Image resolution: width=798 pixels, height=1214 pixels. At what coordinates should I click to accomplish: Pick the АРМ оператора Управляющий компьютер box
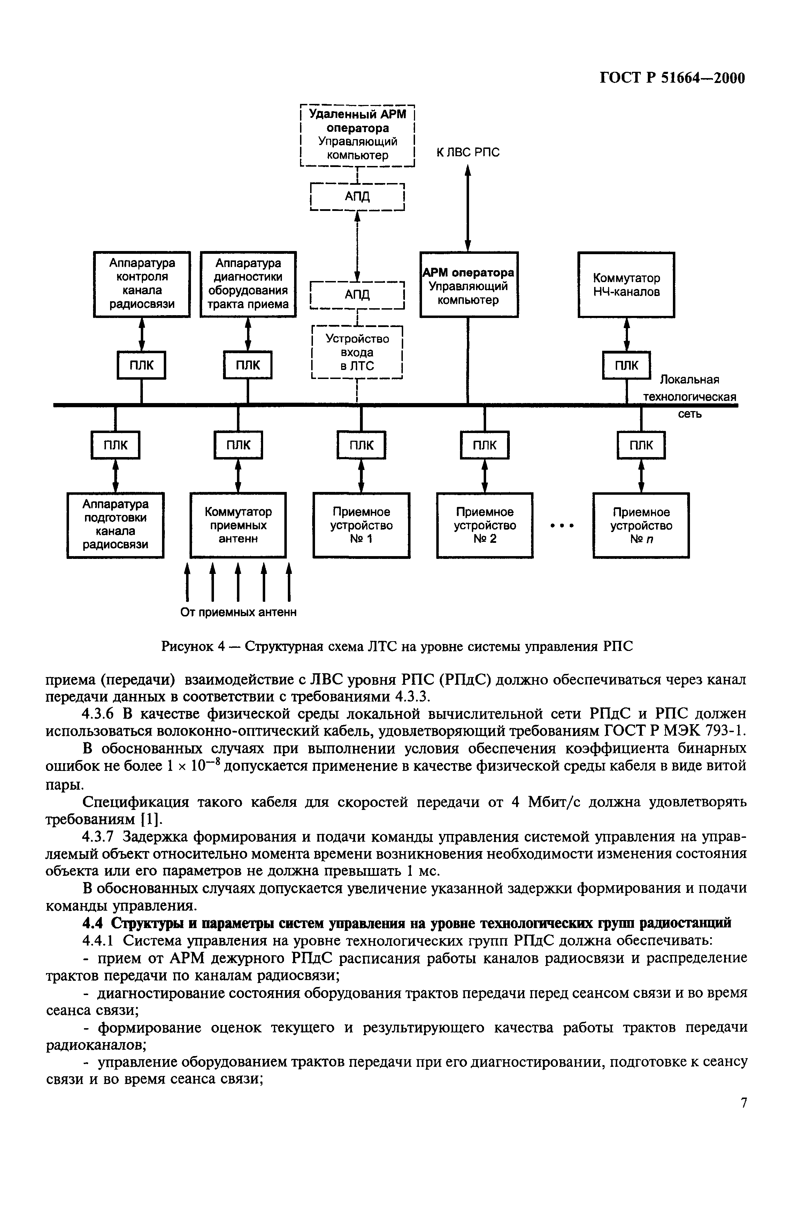469,284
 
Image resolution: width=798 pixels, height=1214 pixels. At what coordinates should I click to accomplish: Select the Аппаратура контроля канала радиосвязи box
142,284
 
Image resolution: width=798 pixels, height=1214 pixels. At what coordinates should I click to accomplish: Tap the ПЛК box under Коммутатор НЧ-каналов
627,365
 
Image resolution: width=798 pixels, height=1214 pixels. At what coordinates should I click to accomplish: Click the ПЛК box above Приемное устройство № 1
361,445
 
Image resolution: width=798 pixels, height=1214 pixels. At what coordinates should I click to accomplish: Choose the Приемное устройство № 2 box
484,525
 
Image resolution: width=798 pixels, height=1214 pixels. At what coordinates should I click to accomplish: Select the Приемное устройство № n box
641,525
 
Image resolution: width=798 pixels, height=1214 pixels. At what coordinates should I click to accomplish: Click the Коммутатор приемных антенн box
238,525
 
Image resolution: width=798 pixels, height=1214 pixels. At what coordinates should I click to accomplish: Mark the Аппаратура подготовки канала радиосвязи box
115,525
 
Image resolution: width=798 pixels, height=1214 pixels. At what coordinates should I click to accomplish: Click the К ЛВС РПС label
468,152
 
